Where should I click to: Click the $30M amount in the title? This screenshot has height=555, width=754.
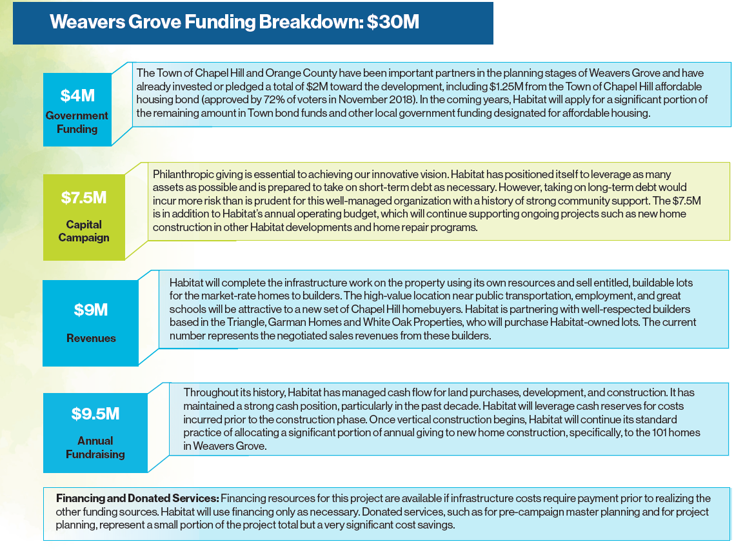(393, 22)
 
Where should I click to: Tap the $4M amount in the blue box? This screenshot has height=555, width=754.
(77, 96)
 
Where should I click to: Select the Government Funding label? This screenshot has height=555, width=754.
(77, 122)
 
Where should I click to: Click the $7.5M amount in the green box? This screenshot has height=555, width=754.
(84, 197)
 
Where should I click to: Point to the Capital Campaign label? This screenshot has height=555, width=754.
(84, 231)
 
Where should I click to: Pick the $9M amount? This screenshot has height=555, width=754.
(91, 310)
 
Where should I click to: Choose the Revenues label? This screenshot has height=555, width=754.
(91, 338)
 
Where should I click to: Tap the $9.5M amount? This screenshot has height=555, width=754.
(95, 414)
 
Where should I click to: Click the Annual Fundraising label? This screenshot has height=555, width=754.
(95, 447)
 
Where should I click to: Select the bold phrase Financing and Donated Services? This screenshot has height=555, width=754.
(137, 498)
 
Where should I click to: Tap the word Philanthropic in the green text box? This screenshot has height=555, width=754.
(183, 174)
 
